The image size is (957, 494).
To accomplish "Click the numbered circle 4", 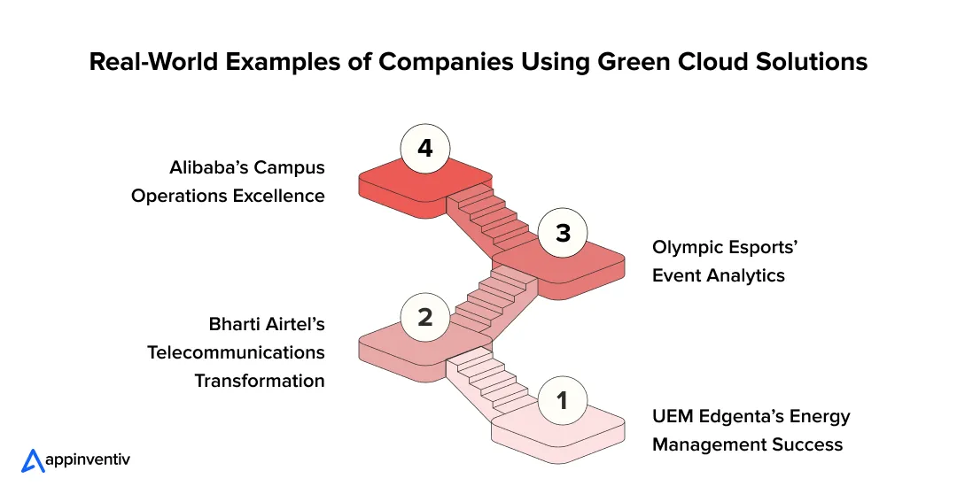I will [x=425, y=149].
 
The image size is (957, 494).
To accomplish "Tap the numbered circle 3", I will [x=562, y=233].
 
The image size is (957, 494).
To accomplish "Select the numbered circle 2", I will [x=425, y=317].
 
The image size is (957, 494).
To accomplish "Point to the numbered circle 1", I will [x=562, y=401].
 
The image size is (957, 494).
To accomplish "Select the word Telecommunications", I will [x=236, y=352].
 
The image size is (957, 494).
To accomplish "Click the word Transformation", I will [x=260, y=381].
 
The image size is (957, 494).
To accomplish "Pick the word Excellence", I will [x=277, y=196].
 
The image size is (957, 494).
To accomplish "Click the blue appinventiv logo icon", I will [x=33, y=460].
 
